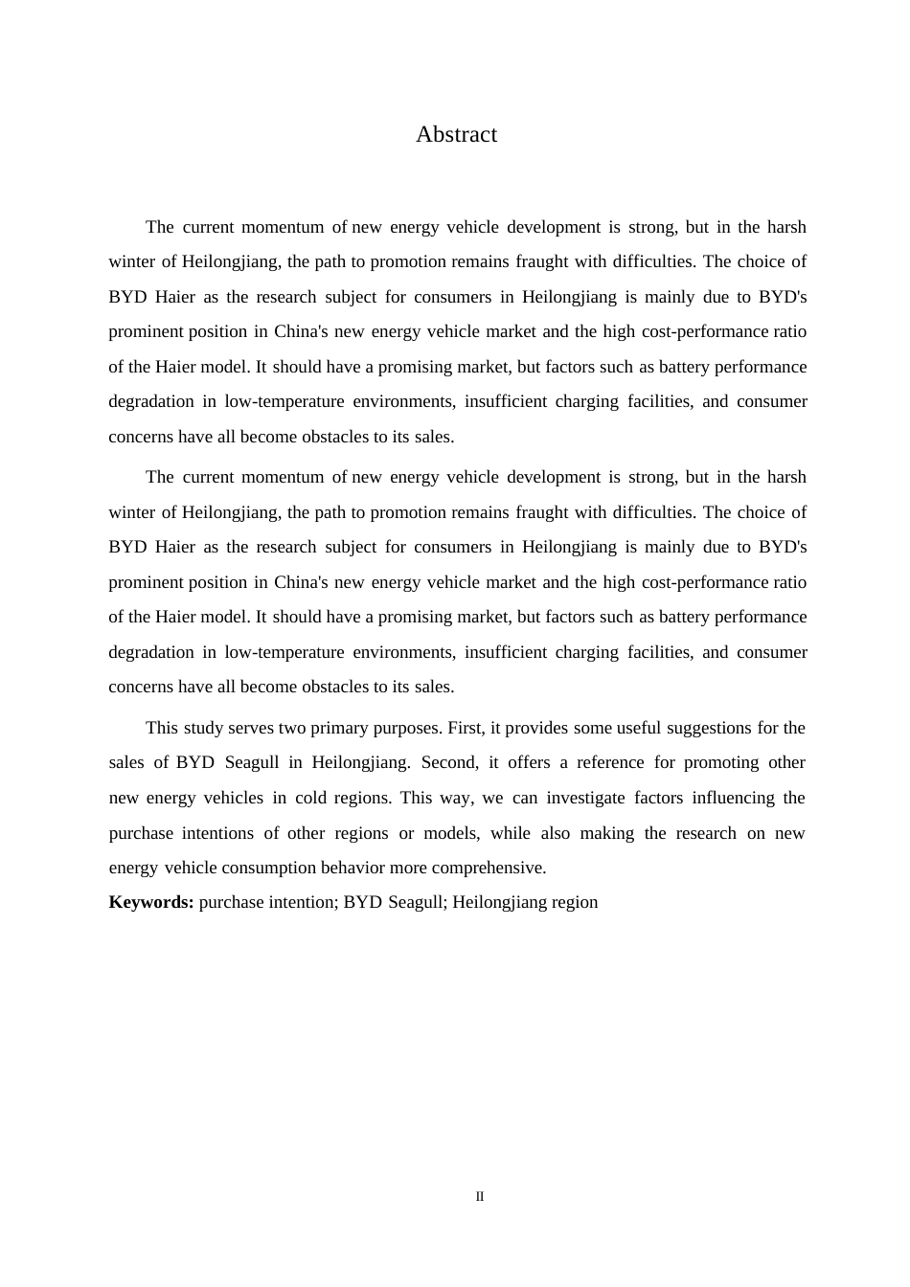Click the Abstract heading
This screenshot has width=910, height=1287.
(x=456, y=135)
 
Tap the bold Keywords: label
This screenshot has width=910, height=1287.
(x=151, y=902)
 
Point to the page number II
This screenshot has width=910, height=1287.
(x=480, y=1197)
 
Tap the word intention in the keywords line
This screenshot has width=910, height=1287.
(x=296, y=902)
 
